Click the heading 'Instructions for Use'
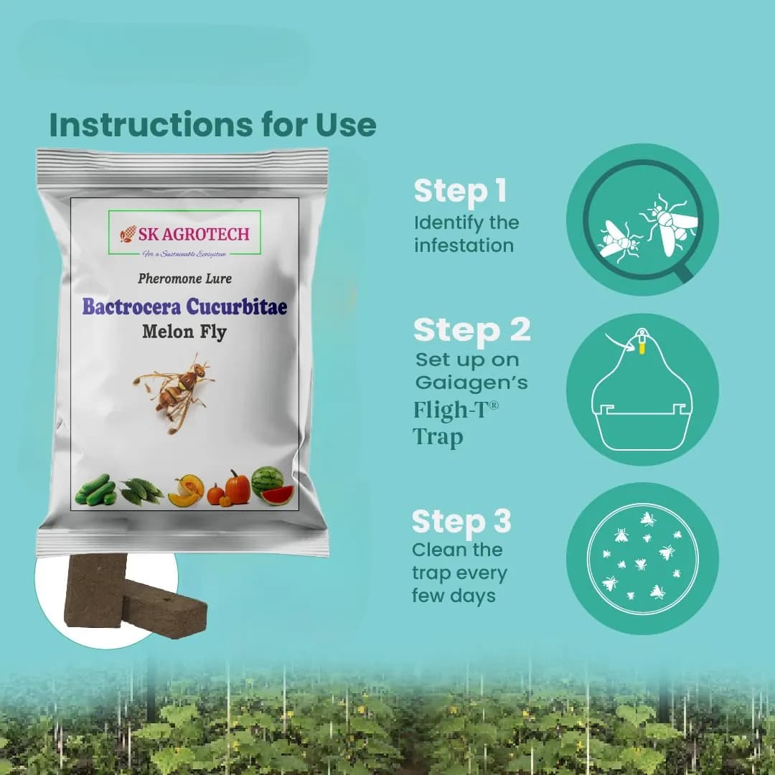click(x=212, y=124)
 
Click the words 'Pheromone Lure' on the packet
click(x=184, y=278)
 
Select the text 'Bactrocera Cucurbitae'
click(x=184, y=306)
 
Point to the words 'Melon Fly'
click(x=184, y=332)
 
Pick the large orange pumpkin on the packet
click(x=237, y=488)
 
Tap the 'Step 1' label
click(x=460, y=192)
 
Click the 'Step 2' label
click(x=471, y=330)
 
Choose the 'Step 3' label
click(x=461, y=522)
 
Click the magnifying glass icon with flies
click(x=642, y=220)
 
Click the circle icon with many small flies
click(x=642, y=558)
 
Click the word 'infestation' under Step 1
click(x=464, y=245)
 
